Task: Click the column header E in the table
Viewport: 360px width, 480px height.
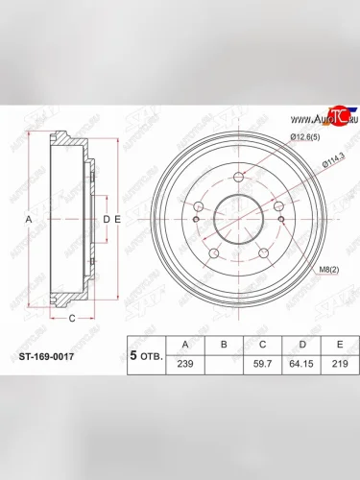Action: point(336,343)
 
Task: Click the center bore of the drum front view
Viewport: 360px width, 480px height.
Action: point(237,218)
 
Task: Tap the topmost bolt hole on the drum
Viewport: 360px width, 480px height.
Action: point(237,177)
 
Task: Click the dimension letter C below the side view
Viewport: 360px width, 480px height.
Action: point(72,315)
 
